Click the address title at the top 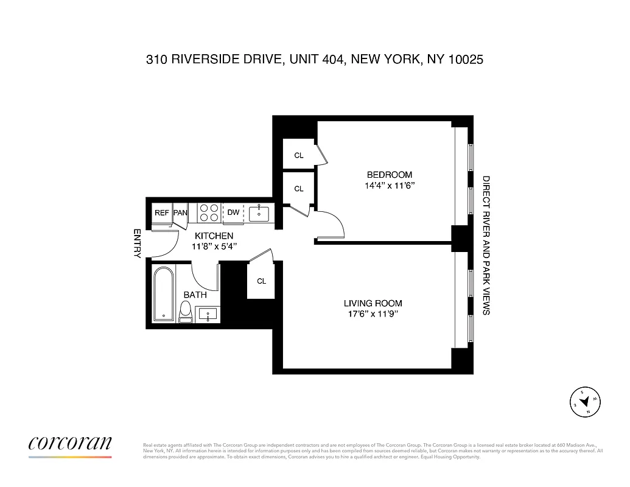click(x=315, y=60)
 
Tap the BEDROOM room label click(x=389, y=174)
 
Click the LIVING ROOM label click(x=373, y=303)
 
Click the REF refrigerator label click(x=161, y=212)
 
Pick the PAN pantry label click(x=180, y=212)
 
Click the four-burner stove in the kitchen click(x=209, y=212)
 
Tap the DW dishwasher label click(x=233, y=212)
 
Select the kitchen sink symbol click(x=259, y=212)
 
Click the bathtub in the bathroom click(x=163, y=294)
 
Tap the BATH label click(x=195, y=295)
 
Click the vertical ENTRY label click(x=137, y=243)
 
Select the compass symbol click(x=584, y=402)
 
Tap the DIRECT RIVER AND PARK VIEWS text click(x=486, y=245)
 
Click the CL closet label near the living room click(x=261, y=281)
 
